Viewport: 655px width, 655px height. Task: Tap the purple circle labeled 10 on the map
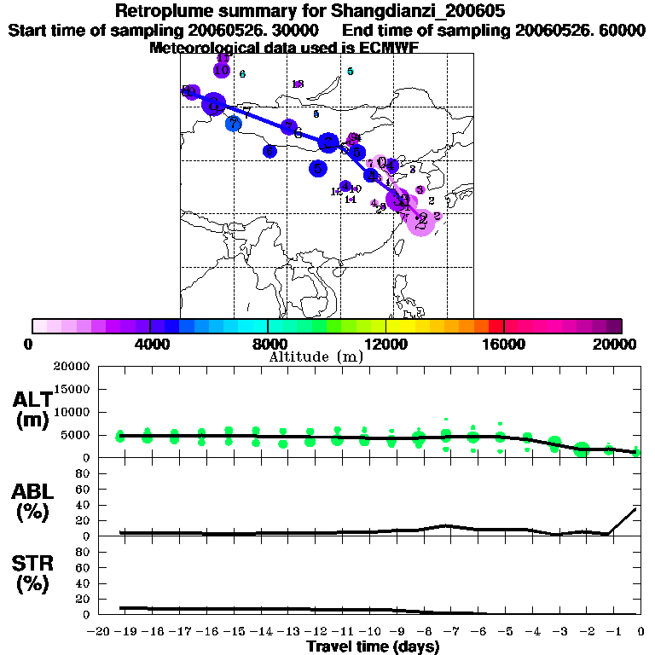pyautogui.click(x=222, y=71)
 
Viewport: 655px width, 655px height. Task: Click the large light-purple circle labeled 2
pyautogui.click(x=420, y=221)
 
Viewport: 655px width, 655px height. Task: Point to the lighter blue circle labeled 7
pyautogui.click(x=234, y=124)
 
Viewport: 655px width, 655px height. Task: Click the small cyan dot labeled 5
pyautogui.click(x=351, y=72)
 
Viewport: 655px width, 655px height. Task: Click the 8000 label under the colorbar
pyautogui.click(x=268, y=344)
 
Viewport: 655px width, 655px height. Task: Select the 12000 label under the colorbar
pyautogui.click(x=386, y=344)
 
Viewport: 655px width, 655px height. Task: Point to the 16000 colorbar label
pyautogui.click(x=504, y=344)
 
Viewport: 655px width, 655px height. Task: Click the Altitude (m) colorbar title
pyautogui.click(x=316, y=356)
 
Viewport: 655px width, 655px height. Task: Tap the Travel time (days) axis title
pyautogui.click(x=373, y=647)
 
